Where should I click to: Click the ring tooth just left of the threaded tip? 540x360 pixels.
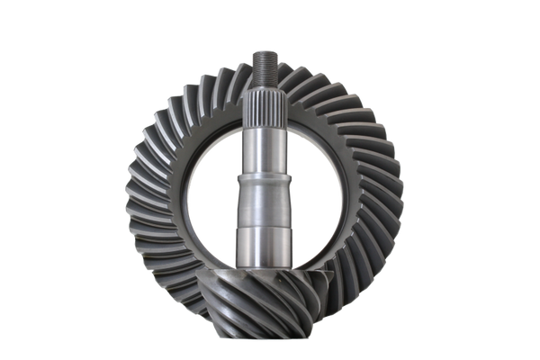click(x=241, y=71)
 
